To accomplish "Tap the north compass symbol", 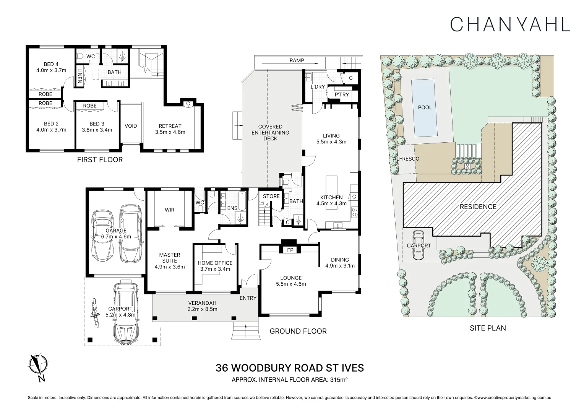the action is coord(38,367).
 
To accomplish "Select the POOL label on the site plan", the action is coord(425,107).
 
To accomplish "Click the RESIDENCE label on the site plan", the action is coord(478,206).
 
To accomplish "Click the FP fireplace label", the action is coord(290,250).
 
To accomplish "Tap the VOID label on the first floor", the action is coord(131,126).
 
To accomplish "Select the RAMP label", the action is coord(297,60).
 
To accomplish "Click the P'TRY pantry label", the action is coord(342,94).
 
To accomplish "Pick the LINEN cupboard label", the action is coord(79,76).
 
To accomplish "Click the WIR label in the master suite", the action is coord(169,210).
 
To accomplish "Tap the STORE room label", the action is coord(271,196).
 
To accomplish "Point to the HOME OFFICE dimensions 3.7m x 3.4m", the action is coord(215,269).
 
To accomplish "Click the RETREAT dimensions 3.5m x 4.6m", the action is coord(170,132).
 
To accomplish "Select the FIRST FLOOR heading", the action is coord(100,160).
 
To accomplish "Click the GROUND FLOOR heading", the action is coord(298,331).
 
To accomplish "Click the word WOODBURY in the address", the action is coord(264,368).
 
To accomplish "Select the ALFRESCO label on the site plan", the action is coord(406,159).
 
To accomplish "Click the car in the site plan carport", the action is coord(419,245).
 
